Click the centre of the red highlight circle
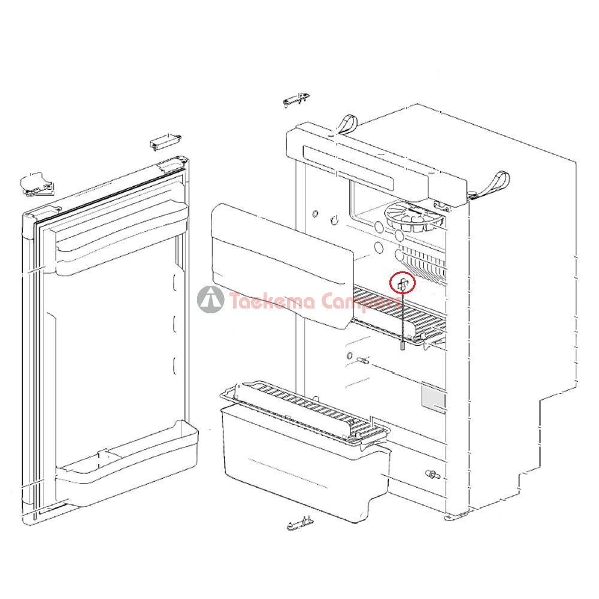[x=402, y=282]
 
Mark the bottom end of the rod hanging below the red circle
[x=402, y=349]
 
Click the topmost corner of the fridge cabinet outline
[x=416, y=104]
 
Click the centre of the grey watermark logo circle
[x=210, y=299]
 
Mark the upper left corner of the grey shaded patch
[x=422, y=386]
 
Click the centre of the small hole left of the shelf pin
[x=349, y=356]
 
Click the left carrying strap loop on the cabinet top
[x=346, y=125]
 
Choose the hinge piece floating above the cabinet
[x=297, y=99]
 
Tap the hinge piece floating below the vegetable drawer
[x=300, y=524]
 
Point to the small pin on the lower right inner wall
[x=432, y=475]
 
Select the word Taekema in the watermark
[x=273, y=301]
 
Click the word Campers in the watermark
[x=361, y=302]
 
